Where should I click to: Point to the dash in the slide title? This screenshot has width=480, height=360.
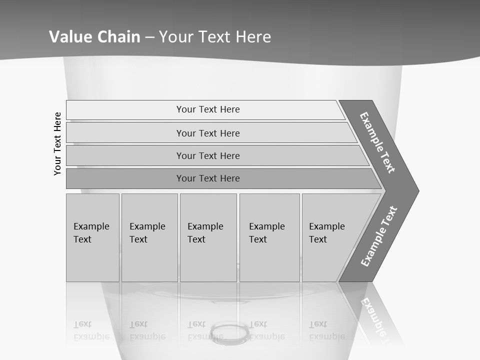pos(150,37)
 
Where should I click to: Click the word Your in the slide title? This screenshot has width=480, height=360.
pos(175,37)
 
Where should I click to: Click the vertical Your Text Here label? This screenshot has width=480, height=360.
pos(58,143)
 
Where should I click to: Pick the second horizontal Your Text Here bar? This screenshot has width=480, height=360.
pos(208,133)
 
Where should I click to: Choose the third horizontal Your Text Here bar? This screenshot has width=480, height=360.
pos(208,155)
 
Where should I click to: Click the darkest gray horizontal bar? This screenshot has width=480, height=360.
pos(208,178)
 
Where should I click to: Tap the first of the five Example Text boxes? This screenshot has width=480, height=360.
pos(92,237)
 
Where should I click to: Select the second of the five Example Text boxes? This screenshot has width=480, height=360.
pos(149,237)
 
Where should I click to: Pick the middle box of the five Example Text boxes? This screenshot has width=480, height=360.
pos(208,237)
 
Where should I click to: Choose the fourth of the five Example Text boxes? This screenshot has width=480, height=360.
pos(269,237)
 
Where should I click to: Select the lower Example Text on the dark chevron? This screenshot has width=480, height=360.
pos(379,236)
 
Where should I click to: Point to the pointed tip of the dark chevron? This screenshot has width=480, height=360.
pos(417,191)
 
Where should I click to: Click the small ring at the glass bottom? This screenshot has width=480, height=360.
pos(230,331)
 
